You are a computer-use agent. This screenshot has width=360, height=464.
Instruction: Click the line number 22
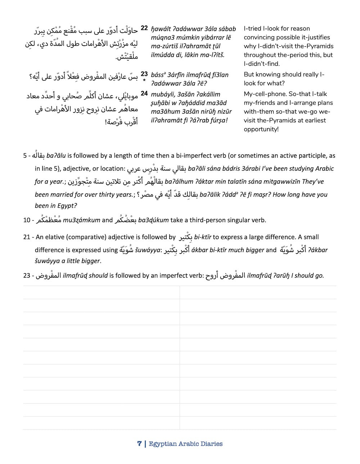tap(144, 28)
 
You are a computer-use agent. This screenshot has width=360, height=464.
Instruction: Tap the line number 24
tap(144, 93)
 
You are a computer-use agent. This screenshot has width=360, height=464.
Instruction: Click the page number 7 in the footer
tap(139, 443)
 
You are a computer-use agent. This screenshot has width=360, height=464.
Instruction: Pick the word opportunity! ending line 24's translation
tap(261, 129)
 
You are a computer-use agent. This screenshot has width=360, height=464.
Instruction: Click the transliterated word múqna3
tap(163, 37)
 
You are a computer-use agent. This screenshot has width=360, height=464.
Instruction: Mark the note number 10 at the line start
tap(27, 220)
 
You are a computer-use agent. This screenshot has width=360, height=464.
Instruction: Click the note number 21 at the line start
tap(27, 237)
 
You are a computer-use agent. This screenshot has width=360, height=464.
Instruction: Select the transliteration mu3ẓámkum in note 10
tap(81, 220)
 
